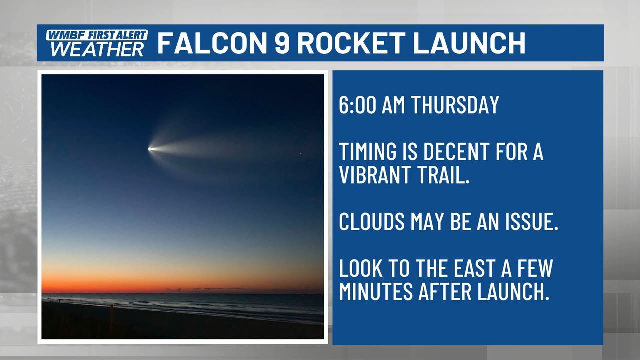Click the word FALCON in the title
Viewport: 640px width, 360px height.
pyautogui.click(x=212, y=43)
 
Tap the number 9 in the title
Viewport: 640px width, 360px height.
pyautogui.click(x=282, y=43)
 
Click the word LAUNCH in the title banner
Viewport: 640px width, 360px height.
pyautogui.click(x=469, y=43)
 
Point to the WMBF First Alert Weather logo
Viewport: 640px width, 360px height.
pyautogui.click(x=96, y=43)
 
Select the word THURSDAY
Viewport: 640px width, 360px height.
pyautogui.click(x=455, y=105)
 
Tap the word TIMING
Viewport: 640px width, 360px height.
pyautogui.click(x=368, y=151)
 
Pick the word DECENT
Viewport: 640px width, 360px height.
pyautogui.click(x=456, y=151)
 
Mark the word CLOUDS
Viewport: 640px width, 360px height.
pyautogui.click(x=372, y=221)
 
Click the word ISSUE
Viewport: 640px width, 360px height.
pyautogui.click(x=531, y=221)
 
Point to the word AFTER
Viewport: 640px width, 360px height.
pyautogui.click(x=445, y=291)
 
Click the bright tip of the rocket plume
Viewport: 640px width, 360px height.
pyautogui.click(x=149, y=149)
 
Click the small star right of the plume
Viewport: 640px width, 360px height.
pyautogui.click(x=301, y=154)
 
